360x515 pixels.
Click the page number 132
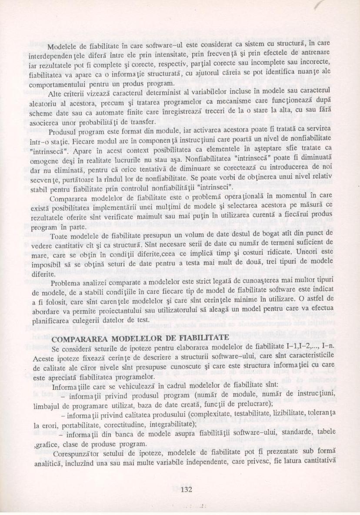[x=186, y=488]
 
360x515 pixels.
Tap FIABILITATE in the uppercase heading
[x=198, y=338]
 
